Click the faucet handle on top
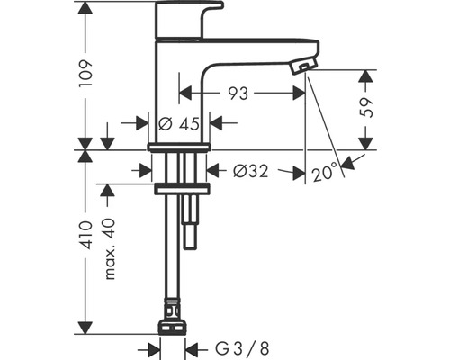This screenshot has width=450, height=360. click(190, 18)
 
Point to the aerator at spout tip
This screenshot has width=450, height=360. click(304, 66)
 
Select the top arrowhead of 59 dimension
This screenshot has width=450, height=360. click(365, 73)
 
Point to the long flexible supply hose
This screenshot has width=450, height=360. click(171, 261)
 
